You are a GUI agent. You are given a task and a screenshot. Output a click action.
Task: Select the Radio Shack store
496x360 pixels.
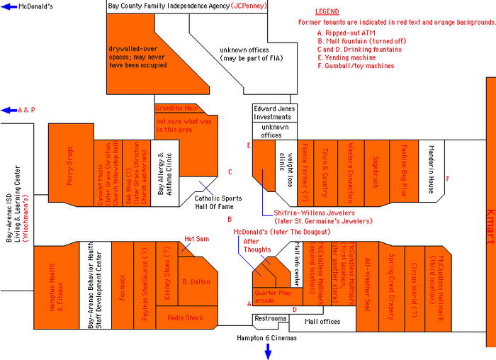(185, 317)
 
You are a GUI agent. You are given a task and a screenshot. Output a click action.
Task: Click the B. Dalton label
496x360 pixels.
(196, 282)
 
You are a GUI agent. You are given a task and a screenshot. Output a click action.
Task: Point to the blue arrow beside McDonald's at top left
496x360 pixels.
(7, 6)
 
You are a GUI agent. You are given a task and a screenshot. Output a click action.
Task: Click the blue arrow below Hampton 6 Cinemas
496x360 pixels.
(268, 351)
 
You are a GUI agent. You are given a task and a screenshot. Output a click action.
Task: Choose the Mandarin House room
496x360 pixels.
(430, 169)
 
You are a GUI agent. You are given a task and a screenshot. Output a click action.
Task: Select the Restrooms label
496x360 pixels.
(269, 319)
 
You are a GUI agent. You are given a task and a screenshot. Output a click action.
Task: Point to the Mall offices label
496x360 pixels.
(322, 322)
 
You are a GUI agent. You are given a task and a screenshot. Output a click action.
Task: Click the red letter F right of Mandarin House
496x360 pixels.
(448, 178)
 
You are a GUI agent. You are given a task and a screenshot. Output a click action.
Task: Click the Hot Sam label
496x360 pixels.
(194, 239)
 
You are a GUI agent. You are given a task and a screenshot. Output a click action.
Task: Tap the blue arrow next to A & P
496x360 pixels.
(7, 110)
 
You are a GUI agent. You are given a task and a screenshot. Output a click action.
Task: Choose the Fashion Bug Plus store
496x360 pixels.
(403, 169)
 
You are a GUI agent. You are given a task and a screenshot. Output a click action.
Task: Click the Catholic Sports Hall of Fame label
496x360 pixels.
(218, 203)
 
